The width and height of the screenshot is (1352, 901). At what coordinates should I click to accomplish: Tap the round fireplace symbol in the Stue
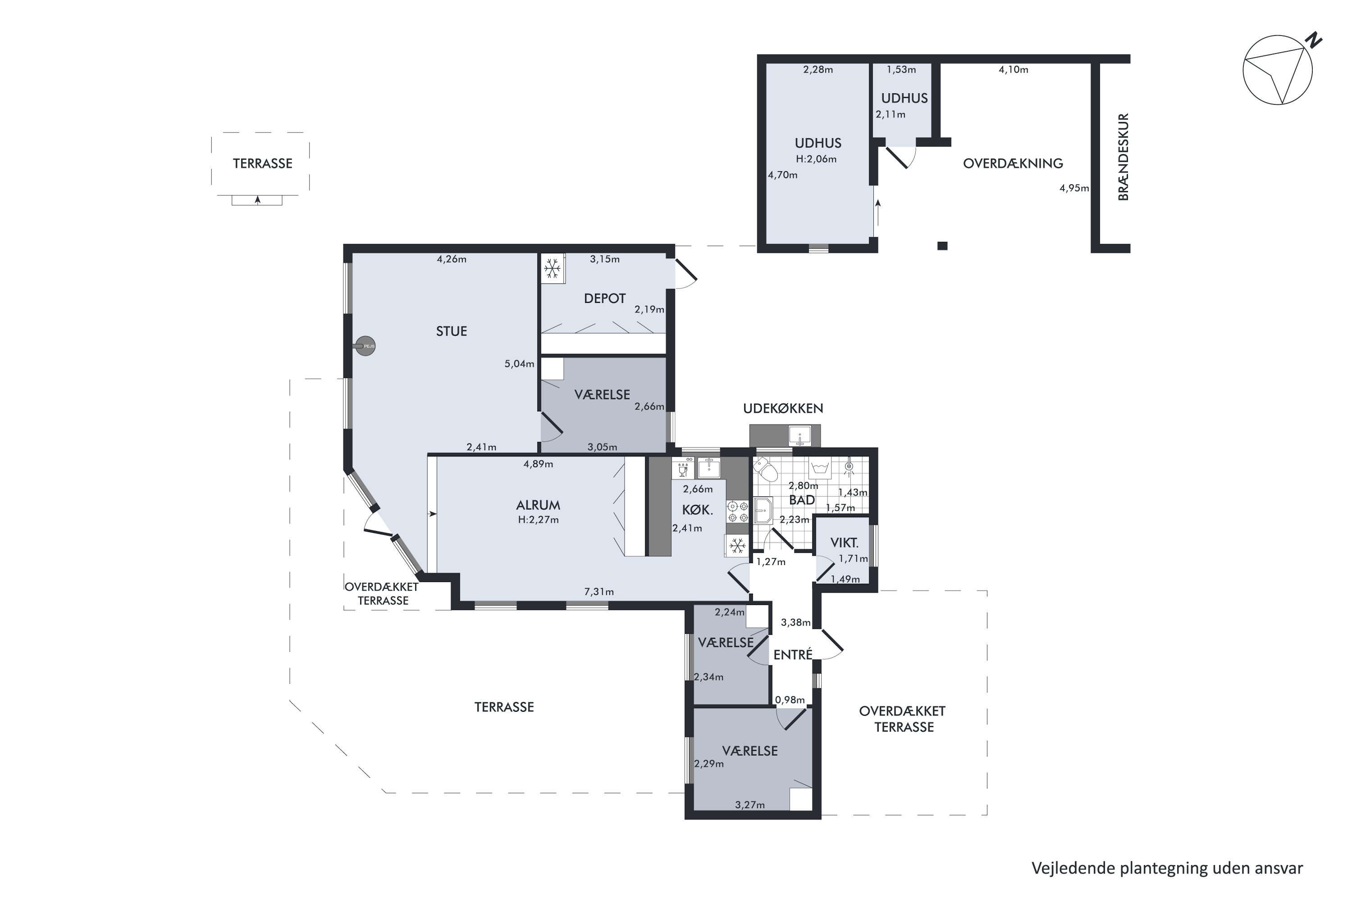coord(365,346)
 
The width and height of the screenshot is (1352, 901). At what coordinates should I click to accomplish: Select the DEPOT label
coord(605,298)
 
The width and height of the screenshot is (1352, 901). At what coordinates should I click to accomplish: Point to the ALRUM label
coord(538,505)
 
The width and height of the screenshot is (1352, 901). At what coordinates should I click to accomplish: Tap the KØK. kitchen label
coord(697,510)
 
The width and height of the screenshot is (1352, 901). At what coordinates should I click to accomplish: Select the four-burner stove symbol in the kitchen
coord(737,512)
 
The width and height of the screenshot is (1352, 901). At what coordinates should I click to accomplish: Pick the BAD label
coord(802,500)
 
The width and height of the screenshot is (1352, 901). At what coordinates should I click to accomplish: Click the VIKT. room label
coord(845,542)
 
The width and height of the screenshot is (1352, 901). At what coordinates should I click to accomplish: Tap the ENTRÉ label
coord(793,655)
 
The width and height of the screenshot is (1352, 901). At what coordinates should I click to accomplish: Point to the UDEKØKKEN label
coord(783,409)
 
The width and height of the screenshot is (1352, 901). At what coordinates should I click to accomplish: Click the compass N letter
coord(1314,40)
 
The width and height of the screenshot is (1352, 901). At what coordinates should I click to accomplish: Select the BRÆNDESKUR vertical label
coord(1123,157)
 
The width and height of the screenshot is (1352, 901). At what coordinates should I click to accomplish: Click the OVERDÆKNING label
coord(1013,163)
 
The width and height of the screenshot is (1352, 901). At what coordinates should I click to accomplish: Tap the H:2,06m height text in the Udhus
coord(816,159)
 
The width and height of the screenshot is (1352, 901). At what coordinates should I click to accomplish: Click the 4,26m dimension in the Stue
coord(452,259)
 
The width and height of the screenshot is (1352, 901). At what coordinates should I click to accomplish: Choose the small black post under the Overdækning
coord(942,246)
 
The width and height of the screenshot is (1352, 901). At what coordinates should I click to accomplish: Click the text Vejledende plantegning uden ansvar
coord(1167,868)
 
